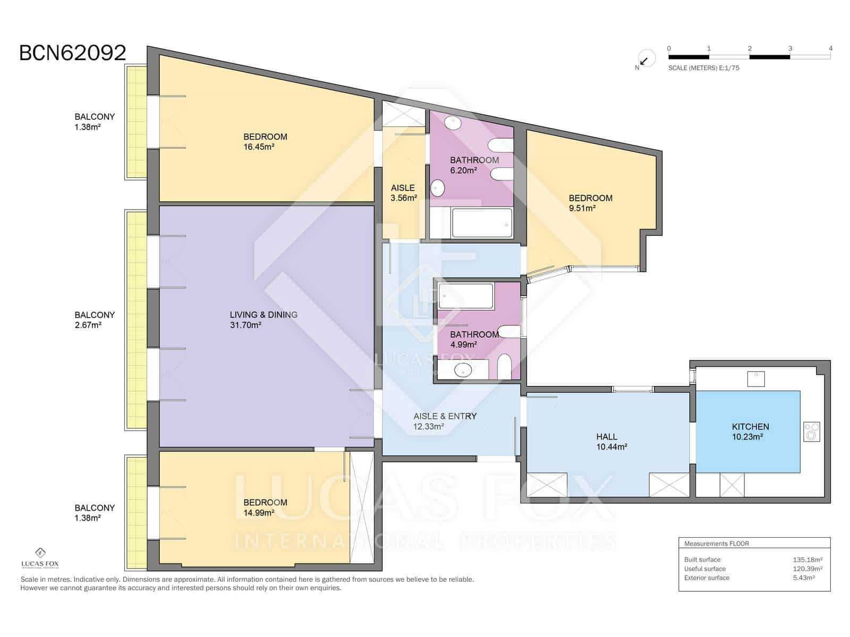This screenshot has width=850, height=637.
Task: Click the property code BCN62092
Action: click(x=72, y=53)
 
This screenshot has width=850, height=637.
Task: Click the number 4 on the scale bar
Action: click(x=830, y=48)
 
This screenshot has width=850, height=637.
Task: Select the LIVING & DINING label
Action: click(x=263, y=315)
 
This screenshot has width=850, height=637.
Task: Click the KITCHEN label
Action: click(x=750, y=427)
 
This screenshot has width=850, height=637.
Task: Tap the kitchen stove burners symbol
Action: click(x=812, y=432)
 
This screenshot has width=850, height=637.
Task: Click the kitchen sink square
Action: click(x=756, y=379)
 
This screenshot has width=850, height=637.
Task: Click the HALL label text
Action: click(x=607, y=437)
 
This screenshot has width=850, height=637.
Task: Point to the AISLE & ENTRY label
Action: click(x=445, y=416)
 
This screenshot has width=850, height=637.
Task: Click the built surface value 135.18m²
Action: click(x=807, y=559)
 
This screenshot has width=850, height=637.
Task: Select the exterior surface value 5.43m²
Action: click(x=804, y=578)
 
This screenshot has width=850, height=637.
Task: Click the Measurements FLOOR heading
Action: click(x=717, y=544)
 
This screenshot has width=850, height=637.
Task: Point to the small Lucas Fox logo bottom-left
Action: click(x=40, y=558)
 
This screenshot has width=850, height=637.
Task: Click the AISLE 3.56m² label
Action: click(x=404, y=193)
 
